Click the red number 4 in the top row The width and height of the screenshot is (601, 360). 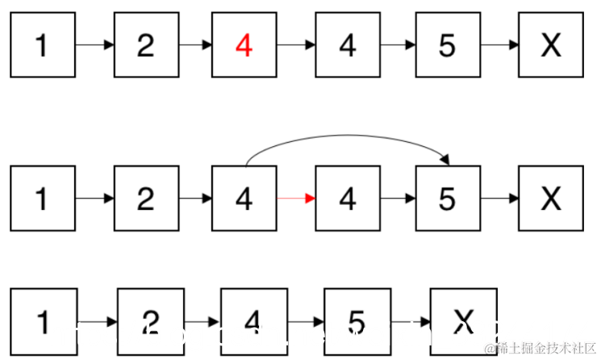tap(244, 46)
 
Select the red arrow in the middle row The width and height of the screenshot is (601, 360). tap(295, 198)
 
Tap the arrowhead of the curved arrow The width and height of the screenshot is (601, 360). tap(444, 161)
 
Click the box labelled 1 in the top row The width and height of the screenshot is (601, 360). tap(43, 45)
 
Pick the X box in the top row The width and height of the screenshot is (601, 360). tap(551, 45)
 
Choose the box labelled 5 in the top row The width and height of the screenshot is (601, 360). tap(448, 45)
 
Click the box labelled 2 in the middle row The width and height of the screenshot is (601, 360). tap(146, 198)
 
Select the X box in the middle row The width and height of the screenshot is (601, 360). tap(551, 198)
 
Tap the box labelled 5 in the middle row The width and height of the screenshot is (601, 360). tap(448, 198)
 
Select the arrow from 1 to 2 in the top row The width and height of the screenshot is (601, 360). tap(94, 46)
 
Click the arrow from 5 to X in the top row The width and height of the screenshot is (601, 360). tap(499, 46)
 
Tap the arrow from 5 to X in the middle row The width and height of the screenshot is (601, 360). tap(499, 198)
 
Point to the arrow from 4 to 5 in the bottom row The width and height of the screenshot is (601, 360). tap(306, 322)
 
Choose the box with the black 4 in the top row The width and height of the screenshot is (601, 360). tap(348, 45)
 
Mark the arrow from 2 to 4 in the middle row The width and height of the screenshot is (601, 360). tap(194, 198)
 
